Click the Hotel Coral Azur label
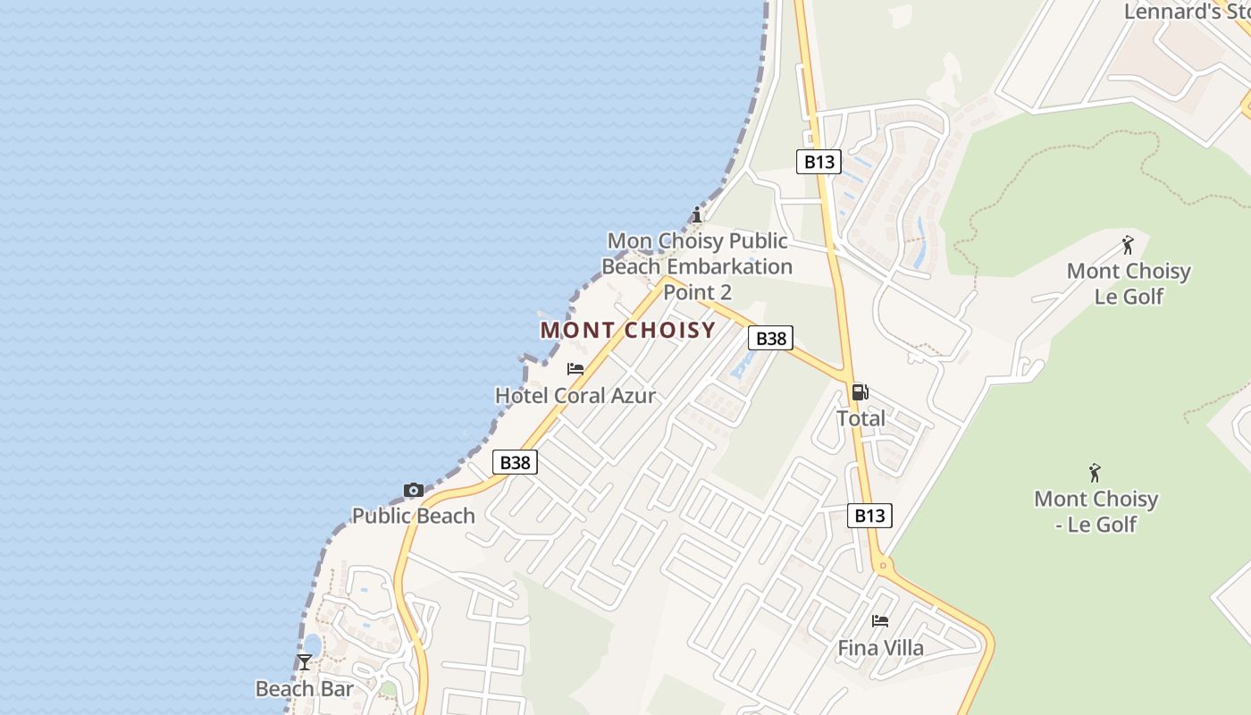tap(575, 395)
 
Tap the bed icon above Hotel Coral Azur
tap(575, 368)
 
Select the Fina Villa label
tap(880, 647)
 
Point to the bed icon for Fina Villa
tap(880, 620)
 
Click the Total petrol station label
tap(861, 417)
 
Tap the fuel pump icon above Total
tap(860, 391)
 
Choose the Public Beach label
tap(413, 516)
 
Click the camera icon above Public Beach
tap(413, 490)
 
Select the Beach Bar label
tap(304, 688)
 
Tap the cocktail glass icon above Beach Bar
tap(305, 662)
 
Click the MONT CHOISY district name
tap(628, 330)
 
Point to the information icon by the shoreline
tap(697, 214)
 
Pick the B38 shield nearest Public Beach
tap(515, 462)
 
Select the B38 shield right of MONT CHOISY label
tap(770, 338)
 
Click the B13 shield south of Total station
tap(869, 515)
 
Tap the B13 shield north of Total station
tap(819, 162)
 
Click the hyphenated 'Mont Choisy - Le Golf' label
tap(1096, 511)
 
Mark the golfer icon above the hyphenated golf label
tap(1095, 473)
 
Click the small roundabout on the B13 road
tap(883, 564)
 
